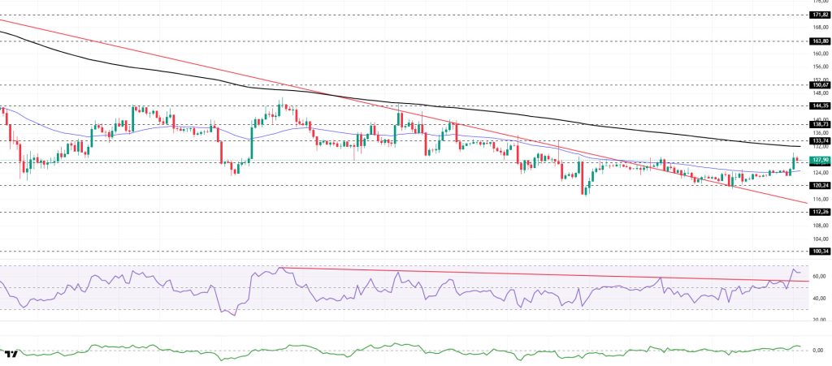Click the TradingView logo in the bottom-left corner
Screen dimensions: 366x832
click(x=11, y=354)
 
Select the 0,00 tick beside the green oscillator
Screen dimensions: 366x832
click(x=818, y=351)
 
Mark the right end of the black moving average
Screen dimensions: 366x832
click(x=799, y=147)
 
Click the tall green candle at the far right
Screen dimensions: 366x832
click(x=793, y=162)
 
